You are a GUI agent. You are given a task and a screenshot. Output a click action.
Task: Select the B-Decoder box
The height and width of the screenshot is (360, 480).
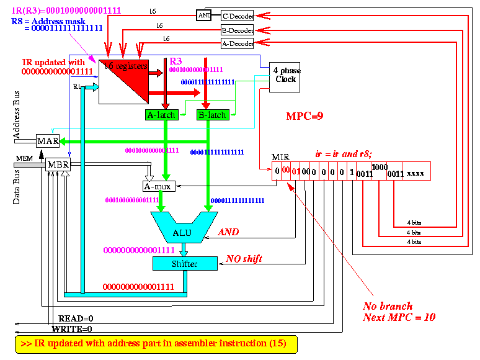pos(238,29)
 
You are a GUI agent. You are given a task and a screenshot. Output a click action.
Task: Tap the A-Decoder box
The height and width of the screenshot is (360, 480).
pos(238,43)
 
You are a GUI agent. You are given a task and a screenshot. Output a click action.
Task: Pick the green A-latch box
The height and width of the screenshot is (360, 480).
pos(161,115)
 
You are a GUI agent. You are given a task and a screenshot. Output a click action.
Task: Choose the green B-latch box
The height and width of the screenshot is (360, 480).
pos(212,115)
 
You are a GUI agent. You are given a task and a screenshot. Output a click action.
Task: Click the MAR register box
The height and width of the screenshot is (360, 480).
pos(48,141)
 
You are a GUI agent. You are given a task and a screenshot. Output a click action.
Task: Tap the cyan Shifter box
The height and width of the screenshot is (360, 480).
pos(185,264)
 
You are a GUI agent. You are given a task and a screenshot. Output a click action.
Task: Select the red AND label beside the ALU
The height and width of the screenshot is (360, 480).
pos(228,232)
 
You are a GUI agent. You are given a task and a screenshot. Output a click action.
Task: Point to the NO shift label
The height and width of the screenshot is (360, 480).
pos(244,258)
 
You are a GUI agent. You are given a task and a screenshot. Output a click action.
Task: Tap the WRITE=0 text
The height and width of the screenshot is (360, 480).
pos(72,328)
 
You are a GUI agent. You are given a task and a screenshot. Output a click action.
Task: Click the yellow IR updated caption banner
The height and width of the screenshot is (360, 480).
pos(155,343)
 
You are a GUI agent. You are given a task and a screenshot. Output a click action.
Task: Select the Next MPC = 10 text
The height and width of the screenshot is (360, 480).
pos(399,317)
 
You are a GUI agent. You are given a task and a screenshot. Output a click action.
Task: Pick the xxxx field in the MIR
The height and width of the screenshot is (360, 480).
pos(416,174)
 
